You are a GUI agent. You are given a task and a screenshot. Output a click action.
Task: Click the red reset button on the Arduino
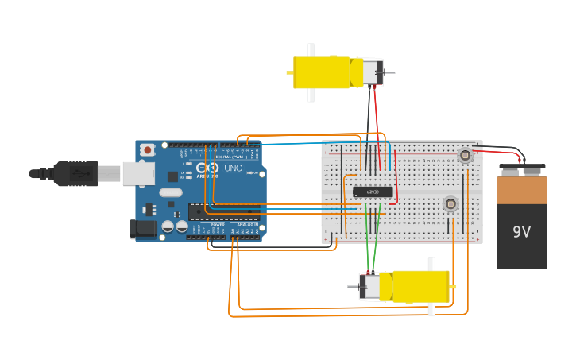(x=148, y=149)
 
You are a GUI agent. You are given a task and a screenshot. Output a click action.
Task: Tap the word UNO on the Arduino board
(x=233, y=168)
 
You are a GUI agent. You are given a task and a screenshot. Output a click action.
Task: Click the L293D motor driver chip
(x=373, y=192)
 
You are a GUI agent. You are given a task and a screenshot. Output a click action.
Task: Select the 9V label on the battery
(x=521, y=232)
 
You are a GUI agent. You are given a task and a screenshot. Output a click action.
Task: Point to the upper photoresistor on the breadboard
(x=466, y=156)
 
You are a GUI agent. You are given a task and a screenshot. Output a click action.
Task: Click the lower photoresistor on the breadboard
(x=450, y=204)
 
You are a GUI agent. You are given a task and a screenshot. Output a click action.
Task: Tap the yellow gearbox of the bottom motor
(x=419, y=286)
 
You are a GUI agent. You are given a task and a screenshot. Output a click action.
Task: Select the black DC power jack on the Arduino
(x=143, y=229)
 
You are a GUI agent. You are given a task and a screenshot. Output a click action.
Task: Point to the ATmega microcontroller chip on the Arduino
(x=222, y=211)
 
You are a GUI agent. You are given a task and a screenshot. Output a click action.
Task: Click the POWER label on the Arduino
(x=218, y=225)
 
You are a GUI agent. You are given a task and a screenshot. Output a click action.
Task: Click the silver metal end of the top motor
(x=372, y=72)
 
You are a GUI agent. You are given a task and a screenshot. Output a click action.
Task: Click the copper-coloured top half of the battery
(x=521, y=190)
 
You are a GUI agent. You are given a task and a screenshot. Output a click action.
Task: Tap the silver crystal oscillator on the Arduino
(x=170, y=192)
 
